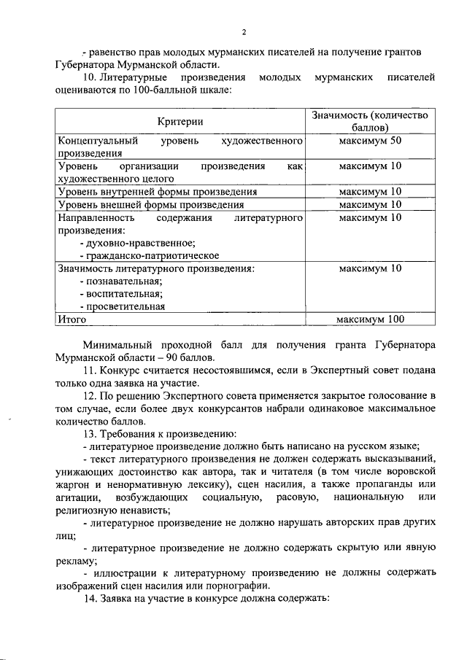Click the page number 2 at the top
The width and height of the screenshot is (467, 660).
pyautogui.click(x=244, y=32)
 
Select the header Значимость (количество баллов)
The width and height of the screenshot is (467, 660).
pyautogui.click(x=369, y=121)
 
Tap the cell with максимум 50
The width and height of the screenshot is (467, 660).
pyautogui.click(x=370, y=140)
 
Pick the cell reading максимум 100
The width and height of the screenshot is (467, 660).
pyautogui.click(x=369, y=319)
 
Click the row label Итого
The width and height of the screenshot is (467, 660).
pyautogui.click(x=72, y=319)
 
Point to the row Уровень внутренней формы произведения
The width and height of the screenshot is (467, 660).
pyautogui.click(x=157, y=192)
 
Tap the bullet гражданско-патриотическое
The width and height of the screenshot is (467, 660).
pyautogui.click(x=149, y=255)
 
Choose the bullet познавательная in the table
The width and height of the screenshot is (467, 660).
pyautogui.click(x=120, y=281)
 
